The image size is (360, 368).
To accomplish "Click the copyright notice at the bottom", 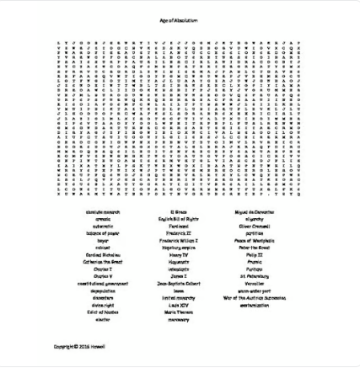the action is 79,346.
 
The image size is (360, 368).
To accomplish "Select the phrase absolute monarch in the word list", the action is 103,212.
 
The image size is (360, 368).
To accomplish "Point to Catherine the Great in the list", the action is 103,261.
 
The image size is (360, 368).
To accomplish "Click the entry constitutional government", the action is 103,283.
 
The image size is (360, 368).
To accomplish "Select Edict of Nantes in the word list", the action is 103,312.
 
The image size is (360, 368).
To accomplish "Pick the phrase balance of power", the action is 103,233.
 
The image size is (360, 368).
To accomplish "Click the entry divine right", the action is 103,305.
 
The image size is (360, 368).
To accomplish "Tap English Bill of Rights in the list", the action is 178,219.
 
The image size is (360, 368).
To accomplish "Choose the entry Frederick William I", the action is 178,240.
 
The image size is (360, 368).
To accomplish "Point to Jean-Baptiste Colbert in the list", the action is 178,283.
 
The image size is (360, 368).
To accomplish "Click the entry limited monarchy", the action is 178,297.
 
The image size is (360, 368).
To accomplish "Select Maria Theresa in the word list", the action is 178,312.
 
